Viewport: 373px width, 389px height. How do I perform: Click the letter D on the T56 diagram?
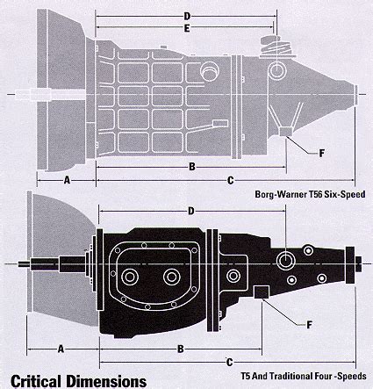pos(187,16)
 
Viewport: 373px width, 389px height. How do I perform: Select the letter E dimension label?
pos(187,28)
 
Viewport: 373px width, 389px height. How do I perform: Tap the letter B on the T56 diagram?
pos(192,167)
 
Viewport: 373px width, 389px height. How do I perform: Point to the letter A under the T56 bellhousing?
pos(67,180)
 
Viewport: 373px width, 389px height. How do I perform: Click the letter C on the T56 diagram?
pos(231,181)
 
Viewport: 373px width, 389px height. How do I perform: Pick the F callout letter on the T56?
pos(321,153)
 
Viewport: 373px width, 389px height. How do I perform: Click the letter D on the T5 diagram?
pos(191,211)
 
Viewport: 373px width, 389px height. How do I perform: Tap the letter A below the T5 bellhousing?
pos(61,349)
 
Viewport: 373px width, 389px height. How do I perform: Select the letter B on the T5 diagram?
pos(181,349)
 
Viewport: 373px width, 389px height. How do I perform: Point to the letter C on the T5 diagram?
pos(230,363)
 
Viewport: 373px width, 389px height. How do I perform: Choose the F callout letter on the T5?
pos(309,325)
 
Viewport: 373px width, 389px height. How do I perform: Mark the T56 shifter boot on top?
pos(275,46)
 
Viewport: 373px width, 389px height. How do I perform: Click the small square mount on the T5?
pos(262,292)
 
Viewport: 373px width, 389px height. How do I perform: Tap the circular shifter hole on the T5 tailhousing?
pos(285,260)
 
